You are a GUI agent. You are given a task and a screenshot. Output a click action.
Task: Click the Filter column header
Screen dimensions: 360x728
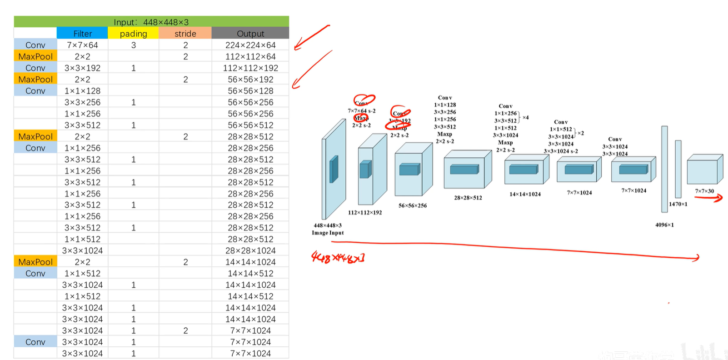coord(82,34)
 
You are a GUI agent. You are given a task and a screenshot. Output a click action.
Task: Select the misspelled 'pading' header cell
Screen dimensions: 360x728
coord(133,34)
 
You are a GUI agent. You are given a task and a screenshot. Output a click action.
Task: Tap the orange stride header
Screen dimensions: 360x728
coord(185,34)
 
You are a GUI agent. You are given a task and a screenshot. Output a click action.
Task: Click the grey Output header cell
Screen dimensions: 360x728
coord(250,34)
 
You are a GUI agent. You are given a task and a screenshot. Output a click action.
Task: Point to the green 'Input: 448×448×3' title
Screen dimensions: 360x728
coord(151,22)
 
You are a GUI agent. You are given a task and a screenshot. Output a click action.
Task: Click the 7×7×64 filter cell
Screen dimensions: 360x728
coord(82,45)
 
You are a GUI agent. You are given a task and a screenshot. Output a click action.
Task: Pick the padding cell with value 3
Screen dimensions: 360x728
coord(133,45)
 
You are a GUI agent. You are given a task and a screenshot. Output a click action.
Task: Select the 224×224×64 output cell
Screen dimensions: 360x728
coord(250,45)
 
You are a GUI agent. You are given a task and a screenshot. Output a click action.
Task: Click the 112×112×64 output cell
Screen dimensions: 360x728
coord(250,56)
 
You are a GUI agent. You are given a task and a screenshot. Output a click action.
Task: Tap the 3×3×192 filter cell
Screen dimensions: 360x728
coord(82,68)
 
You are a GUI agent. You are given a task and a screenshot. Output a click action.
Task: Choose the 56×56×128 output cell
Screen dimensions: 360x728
coord(250,91)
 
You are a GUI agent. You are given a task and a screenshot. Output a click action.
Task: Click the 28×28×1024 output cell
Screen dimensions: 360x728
coord(250,250)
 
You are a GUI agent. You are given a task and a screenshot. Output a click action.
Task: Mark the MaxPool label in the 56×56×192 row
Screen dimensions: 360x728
coord(35,79)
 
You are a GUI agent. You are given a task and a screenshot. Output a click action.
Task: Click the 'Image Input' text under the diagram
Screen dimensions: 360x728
coord(328,233)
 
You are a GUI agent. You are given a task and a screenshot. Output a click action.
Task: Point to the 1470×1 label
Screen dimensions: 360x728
coord(678,204)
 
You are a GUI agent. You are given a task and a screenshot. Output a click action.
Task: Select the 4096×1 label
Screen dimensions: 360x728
coord(664,225)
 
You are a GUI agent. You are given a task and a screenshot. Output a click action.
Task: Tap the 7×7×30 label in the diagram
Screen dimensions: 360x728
coord(704,191)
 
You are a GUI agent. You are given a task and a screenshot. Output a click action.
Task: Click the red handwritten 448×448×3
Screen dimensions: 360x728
coord(338,257)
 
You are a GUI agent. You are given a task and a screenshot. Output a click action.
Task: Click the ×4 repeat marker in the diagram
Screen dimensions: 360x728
coord(525,117)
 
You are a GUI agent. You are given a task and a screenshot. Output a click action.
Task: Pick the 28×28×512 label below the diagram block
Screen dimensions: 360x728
coord(468,198)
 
